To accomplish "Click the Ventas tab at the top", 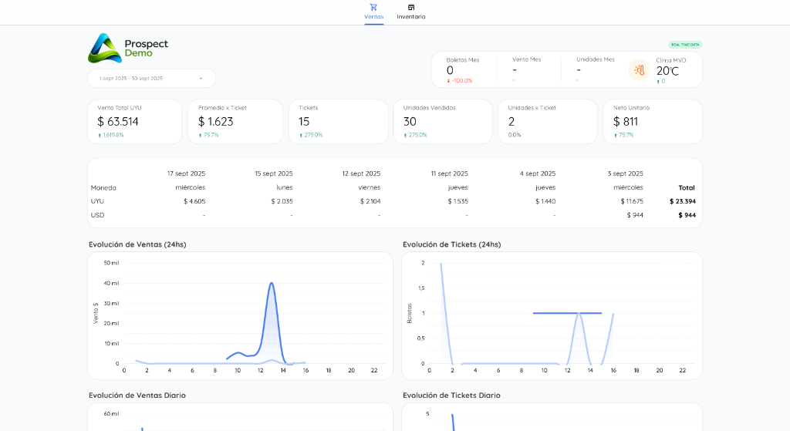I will (x=373, y=12).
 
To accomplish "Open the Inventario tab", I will (x=410, y=12).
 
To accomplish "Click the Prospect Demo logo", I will (x=128, y=48).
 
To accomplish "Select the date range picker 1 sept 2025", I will (x=151, y=78).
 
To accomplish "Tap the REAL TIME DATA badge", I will (x=685, y=45).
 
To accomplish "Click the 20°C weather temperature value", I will (x=667, y=71).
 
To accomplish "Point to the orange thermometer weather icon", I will (x=639, y=70).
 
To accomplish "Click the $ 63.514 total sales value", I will (x=118, y=122).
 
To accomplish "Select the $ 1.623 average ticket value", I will (x=215, y=122).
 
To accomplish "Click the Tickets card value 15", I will (x=304, y=122).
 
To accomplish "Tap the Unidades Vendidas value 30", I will (x=410, y=122).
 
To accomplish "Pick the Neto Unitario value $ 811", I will (x=625, y=122).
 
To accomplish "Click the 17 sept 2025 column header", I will (x=186, y=173).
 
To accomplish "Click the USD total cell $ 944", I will (x=686, y=215).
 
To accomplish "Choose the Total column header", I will (x=686, y=187).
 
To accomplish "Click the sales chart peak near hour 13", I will (x=272, y=283).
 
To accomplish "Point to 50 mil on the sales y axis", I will (x=110, y=263).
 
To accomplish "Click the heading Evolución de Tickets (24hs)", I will (x=451, y=244).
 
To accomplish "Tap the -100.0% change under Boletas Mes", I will (x=462, y=81).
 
